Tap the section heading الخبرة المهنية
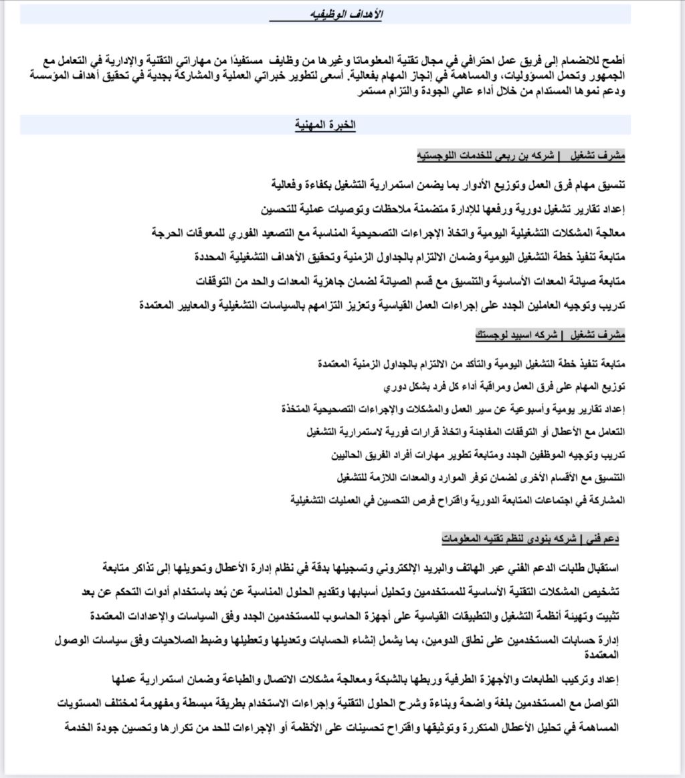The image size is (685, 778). [326, 124]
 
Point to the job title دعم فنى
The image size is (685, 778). [603, 537]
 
